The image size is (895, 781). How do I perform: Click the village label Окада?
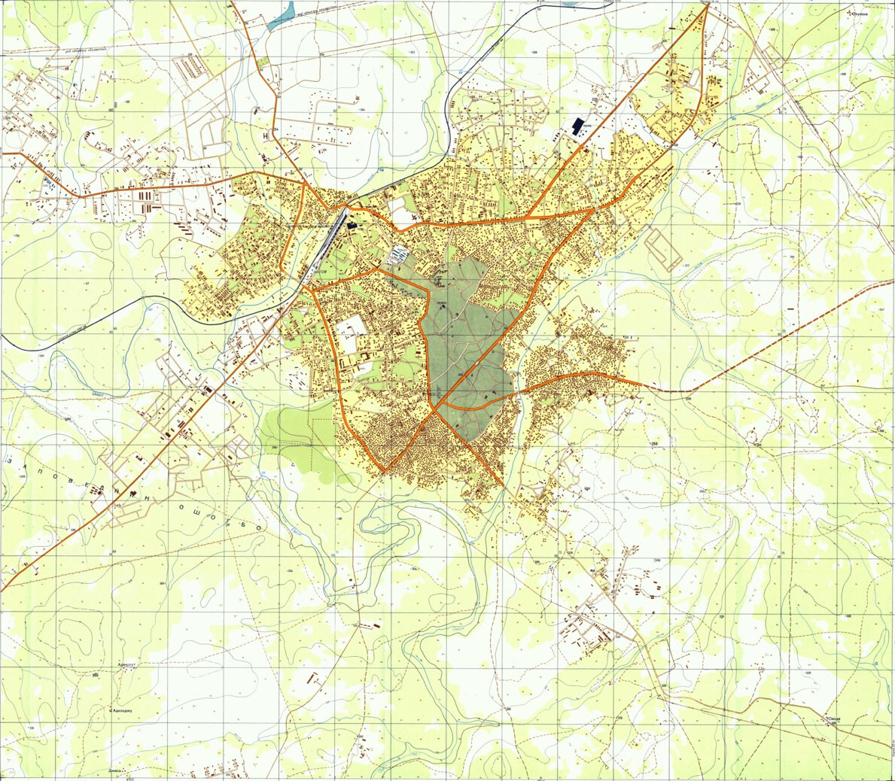point(833,719)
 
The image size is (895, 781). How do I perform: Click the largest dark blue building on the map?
point(578,126)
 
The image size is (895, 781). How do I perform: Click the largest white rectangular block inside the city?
point(351,333)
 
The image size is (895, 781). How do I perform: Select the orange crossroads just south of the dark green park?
point(435,410)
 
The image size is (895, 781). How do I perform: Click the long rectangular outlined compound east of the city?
point(662,250)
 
